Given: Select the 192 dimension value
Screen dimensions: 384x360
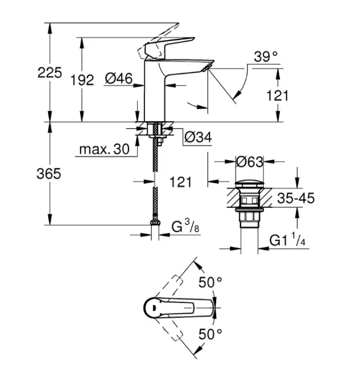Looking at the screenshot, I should tap(82, 80).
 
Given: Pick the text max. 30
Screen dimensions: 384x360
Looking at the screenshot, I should tap(104, 149).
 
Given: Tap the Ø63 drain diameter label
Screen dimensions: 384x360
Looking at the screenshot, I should tap(250, 162).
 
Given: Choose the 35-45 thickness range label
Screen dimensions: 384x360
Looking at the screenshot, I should tap(296, 198).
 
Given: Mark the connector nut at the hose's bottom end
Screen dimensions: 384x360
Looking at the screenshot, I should tap(155, 224).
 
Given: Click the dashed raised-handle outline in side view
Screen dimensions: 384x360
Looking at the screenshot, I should tap(159, 33).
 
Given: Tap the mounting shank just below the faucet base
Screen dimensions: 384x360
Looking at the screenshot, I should tap(155, 130).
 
